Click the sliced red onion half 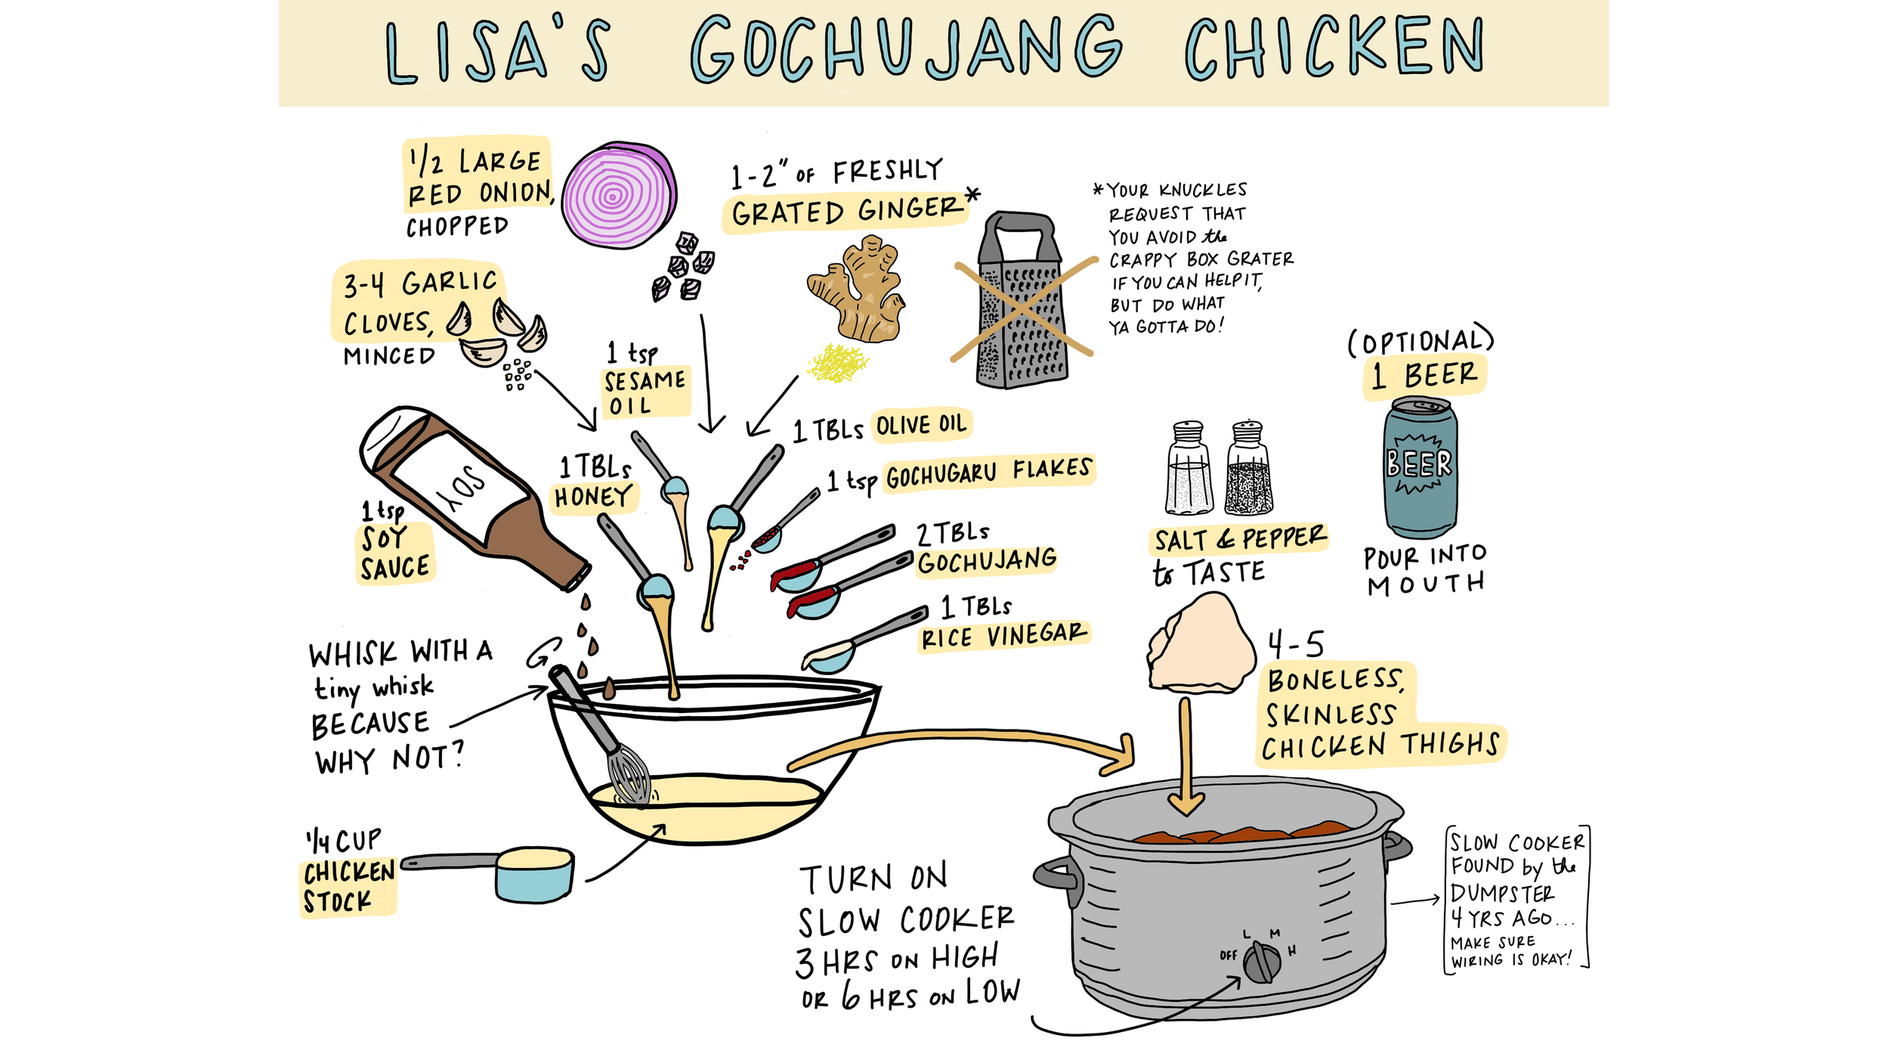click(x=619, y=194)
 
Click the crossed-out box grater click(x=1021, y=301)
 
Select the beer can click(x=1420, y=466)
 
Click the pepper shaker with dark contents click(x=1249, y=468)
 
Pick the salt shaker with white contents click(x=1189, y=468)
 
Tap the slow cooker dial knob click(x=1262, y=962)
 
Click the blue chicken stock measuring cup click(x=534, y=874)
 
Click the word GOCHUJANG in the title click(x=906, y=48)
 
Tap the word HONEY click(x=593, y=497)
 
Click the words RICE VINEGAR click(x=1004, y=636)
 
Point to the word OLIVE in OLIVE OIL click(x=901, y=425)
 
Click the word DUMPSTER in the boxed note click(x=1502, y=893)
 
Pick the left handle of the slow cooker click(x=1057, y=873)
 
